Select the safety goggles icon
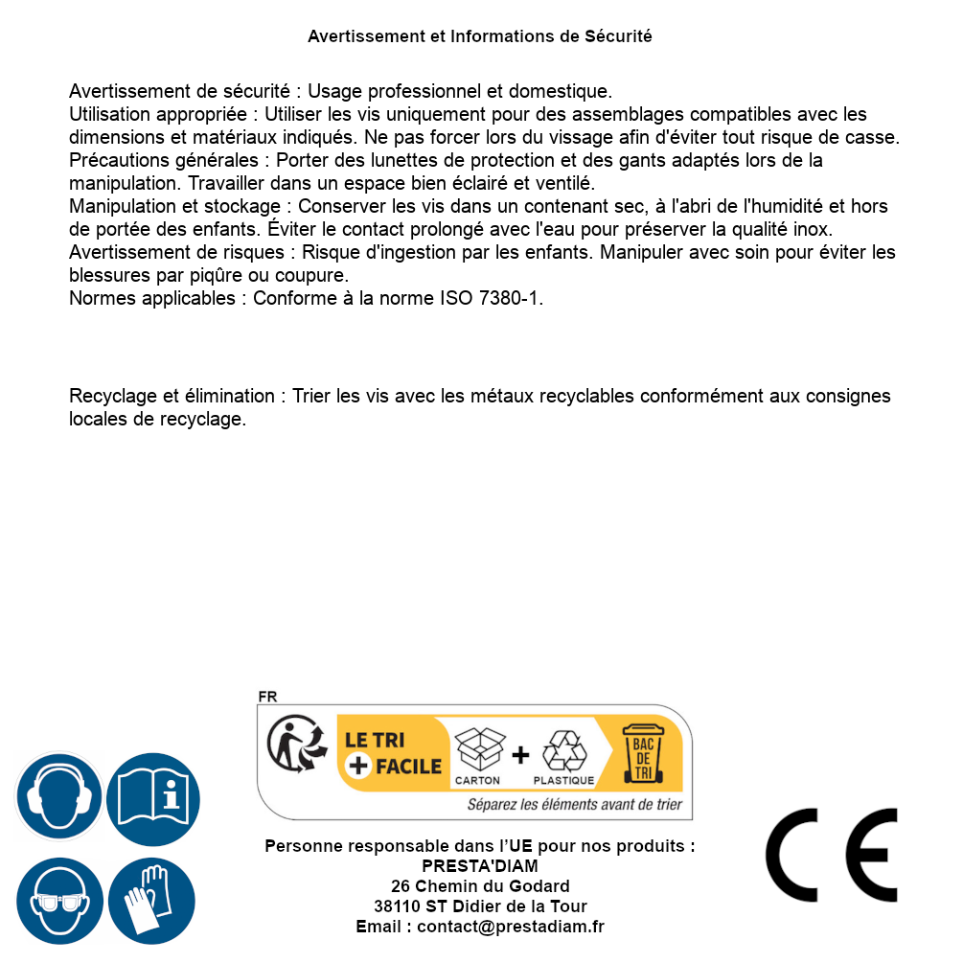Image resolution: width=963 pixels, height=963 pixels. [x=58, y=901]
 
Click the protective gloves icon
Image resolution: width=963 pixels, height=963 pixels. [x=151, y=901]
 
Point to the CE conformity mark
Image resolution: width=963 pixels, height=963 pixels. [x=832, y=855]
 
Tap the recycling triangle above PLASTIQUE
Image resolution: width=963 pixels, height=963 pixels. [x=563, y=751]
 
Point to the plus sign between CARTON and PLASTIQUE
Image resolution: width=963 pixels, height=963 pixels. [x=520, y=755]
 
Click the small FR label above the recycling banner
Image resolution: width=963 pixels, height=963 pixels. [x=267, y=697]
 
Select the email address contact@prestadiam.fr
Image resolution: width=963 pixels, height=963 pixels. [x=511, y=927]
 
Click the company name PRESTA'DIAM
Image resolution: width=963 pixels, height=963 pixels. [x=479, y=866]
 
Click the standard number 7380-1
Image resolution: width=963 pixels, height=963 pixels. [x=510, y=298]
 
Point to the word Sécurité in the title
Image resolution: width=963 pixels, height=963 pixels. [x=619, y=36]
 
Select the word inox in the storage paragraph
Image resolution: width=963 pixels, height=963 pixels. [x=810, y=229]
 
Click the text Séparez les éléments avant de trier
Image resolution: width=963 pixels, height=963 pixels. [x=575, y=805]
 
